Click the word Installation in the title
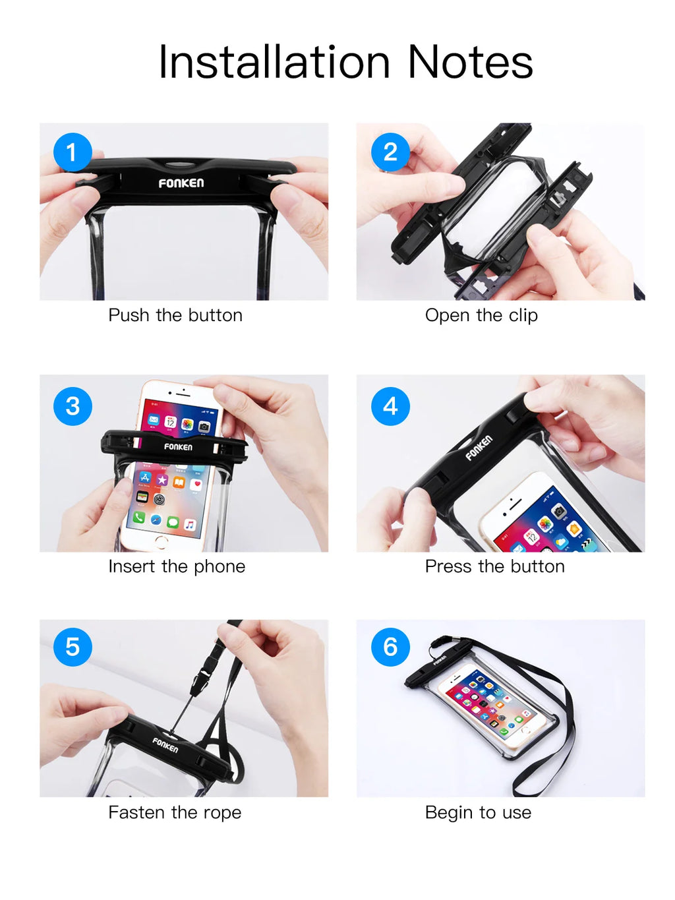coord(274,63)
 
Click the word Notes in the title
coord(469,63)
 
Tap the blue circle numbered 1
coord(73,152)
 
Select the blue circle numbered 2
coord(390,152)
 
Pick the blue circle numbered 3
coord(73,406)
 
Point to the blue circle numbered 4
coord(390,406)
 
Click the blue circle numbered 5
coord(73,647)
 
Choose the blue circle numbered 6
coord(390,647)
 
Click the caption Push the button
coord(175,315)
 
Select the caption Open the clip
coord(481,315)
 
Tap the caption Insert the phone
coord(177,566)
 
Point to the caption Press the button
coord(494,566)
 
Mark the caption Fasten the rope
coord(175,812)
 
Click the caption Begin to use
coord(478,812)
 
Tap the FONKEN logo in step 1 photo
coord(181,183)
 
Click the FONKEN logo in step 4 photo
coord(479,448)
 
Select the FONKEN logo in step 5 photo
coord(165,745)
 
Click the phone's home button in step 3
coord(161,541)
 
